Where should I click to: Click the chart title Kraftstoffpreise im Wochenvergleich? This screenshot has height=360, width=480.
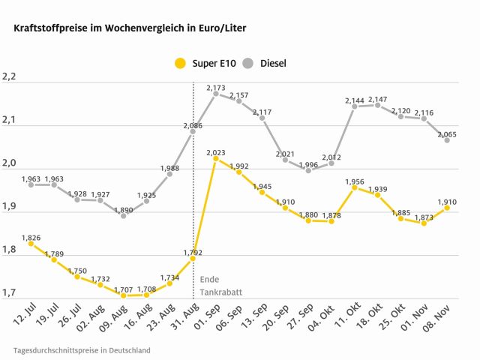click(x=125, y=28)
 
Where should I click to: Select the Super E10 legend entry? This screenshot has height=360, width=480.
click(x=205, y=63)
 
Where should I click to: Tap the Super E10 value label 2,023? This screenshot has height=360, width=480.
click(x=216, y=152)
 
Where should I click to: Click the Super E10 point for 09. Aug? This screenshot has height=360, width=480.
click(x=124, y=295)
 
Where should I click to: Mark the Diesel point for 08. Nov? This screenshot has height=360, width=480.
click(x=447, y=140)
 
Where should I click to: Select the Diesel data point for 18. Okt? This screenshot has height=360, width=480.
click(x=378, y=105)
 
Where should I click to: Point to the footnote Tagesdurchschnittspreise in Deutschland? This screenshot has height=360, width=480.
click(x=81, y=350)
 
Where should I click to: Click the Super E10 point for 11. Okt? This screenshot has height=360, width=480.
click(x=355, y=187)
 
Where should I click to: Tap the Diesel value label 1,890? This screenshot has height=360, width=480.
click(x=124, y=209)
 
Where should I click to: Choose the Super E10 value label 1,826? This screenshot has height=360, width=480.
click(x=31, y=237)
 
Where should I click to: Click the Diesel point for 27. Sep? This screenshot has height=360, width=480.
click(x=308, y=170)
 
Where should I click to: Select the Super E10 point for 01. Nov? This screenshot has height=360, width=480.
click(x=424, y=223)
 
